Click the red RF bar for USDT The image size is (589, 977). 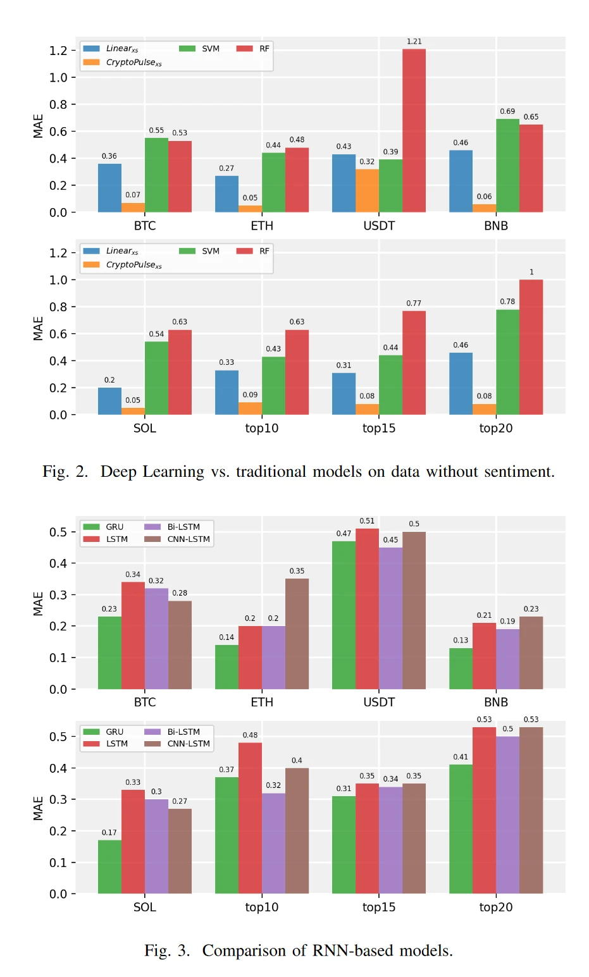[414, 130]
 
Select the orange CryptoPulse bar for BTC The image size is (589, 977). [133, 207]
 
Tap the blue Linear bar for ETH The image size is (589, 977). [226, 194]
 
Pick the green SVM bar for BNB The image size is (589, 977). [507, 166]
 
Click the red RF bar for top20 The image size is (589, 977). [531, 347]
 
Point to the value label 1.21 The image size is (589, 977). [414, 42]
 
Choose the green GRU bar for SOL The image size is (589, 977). [109, 866]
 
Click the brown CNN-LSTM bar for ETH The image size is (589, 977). [297, 634]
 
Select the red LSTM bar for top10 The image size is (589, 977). [250, 818]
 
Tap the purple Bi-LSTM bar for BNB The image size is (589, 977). [507, 659]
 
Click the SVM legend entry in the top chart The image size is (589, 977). [201, 49]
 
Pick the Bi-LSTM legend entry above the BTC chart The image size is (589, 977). [173, 527]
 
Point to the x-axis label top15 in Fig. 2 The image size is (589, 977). [378, 428]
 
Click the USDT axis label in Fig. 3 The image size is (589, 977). [378, 702]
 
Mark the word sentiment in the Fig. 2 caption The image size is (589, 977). [518, 472]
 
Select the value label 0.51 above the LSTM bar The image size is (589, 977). [367, 521]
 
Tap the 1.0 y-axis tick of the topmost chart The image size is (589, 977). [58, 78]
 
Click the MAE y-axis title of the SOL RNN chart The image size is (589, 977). [38, 808]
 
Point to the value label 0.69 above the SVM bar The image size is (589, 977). [507, 111]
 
